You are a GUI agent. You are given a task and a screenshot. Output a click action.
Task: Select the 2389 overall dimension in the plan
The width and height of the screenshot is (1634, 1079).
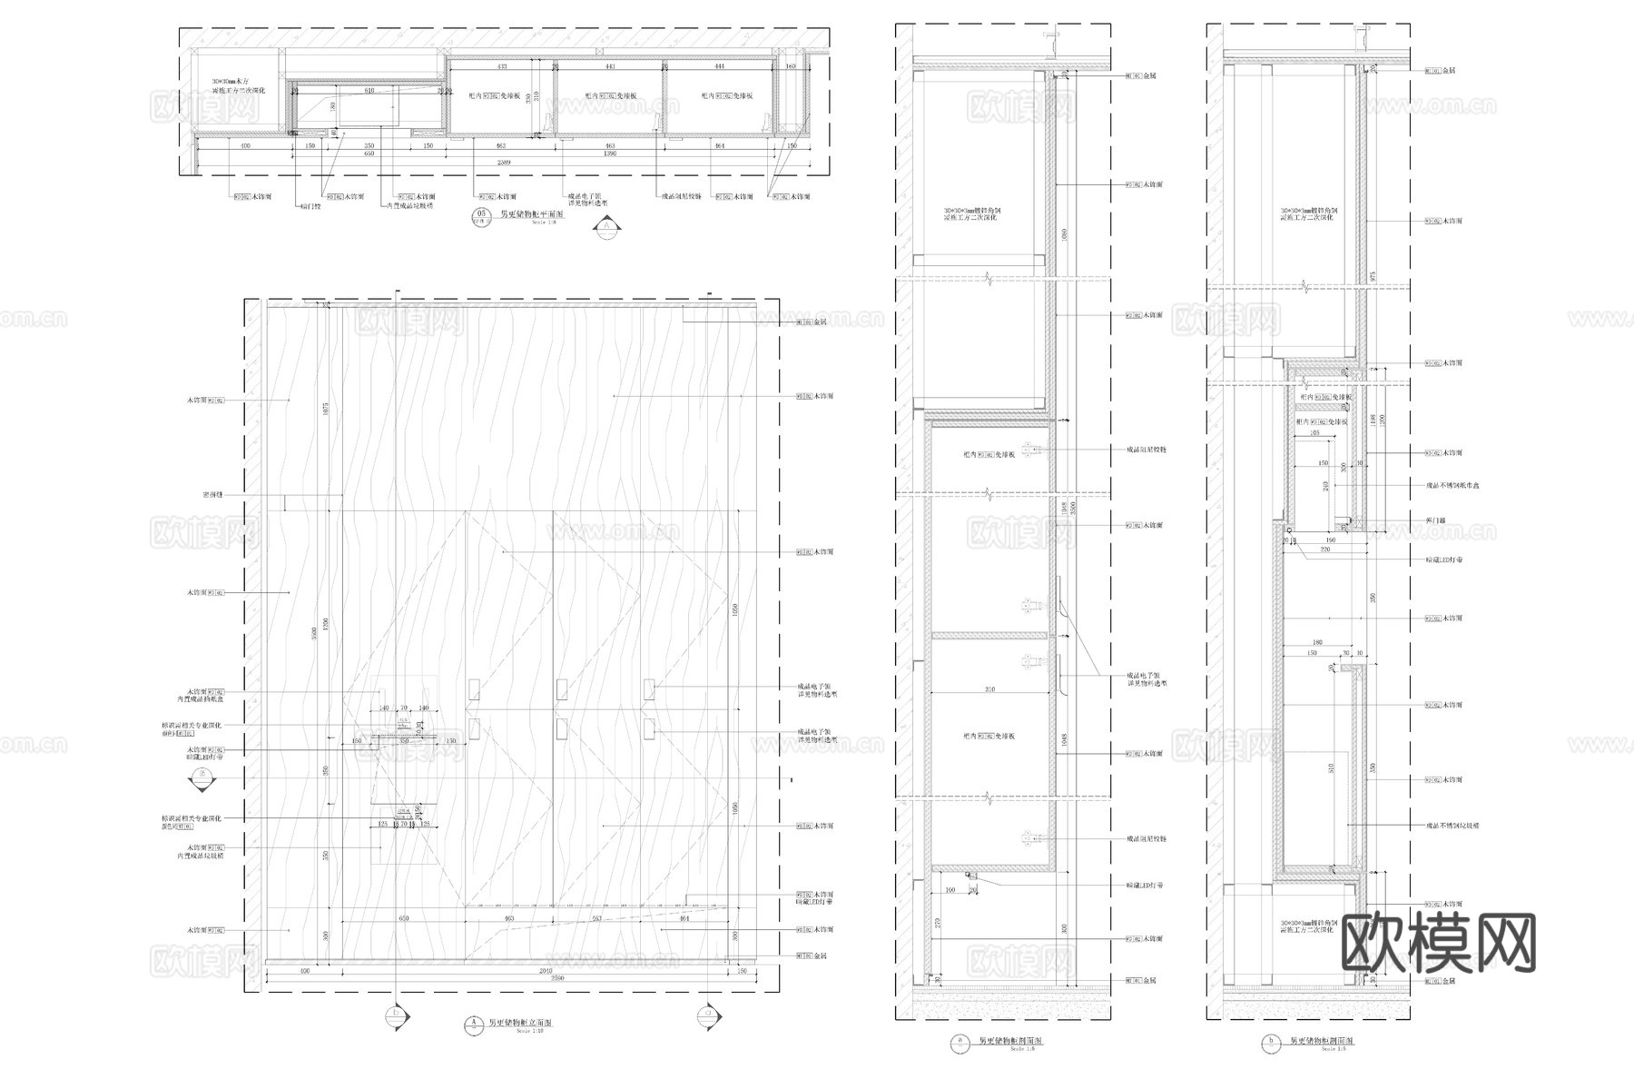point(505,163)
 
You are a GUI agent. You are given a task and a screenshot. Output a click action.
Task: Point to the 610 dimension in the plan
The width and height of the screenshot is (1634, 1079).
point(369,91)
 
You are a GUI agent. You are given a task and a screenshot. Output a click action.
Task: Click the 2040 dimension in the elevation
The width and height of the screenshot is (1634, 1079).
point(545,971)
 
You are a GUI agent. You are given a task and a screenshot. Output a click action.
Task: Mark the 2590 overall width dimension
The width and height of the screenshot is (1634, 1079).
point(558,979)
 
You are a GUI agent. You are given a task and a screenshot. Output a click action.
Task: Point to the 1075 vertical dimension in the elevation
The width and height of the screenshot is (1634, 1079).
point(324,411)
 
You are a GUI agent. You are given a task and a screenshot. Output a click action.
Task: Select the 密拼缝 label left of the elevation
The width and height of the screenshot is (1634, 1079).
point(212,495)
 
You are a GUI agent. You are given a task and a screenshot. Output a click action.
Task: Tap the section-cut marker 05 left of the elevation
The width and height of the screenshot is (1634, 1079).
point(202,777)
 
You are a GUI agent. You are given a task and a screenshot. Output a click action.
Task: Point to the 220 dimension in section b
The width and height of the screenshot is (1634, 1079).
point(1324,549)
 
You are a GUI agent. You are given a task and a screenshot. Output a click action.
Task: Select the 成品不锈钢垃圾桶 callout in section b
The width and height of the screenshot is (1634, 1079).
point(1451,826)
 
